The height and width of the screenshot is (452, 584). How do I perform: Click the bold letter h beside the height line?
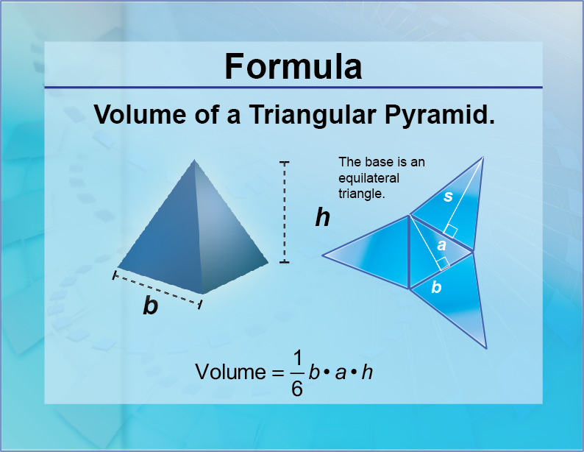click(322, 217)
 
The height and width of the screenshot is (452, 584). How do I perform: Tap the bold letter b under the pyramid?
click(150, 306)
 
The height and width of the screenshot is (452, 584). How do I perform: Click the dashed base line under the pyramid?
click(157, 289)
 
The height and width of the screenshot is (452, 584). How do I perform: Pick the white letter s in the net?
click(448, 196)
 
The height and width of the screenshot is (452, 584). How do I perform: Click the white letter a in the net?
click(441, 245)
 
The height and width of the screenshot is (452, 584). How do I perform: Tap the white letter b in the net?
click(436, 288)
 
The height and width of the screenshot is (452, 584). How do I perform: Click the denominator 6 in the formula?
click(297, 388)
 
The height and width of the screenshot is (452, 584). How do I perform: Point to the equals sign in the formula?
click(275, 373)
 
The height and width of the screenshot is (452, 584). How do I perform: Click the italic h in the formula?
click(368, 372)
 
